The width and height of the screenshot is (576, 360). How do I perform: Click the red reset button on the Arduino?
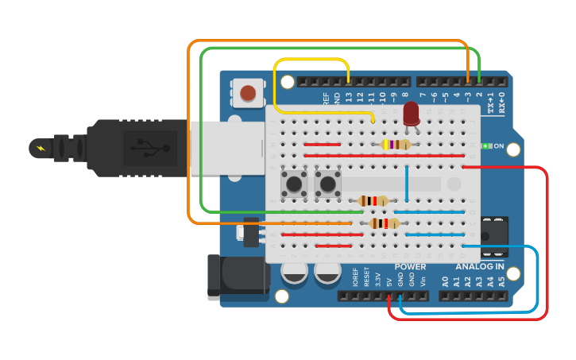click(248, 93)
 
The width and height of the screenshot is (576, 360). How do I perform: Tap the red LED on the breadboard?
click(411, 113)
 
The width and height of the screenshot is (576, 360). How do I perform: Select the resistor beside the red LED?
click(396, 145)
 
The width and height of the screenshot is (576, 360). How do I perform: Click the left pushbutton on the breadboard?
click(295, 184)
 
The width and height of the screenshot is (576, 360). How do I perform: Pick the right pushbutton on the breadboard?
click(327, 184)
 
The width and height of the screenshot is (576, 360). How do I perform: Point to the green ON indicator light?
click(485, 146)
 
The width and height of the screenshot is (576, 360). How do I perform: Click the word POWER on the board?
click(410, 267)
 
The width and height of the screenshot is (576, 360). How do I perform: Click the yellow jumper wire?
click(310, 59)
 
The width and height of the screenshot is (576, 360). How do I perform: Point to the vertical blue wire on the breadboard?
click(407, 183)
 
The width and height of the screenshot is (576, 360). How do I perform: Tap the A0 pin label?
click(445, 281)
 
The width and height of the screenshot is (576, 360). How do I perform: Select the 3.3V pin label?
click(377, 279)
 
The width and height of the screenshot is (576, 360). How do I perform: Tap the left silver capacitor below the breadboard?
click(294, 273)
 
